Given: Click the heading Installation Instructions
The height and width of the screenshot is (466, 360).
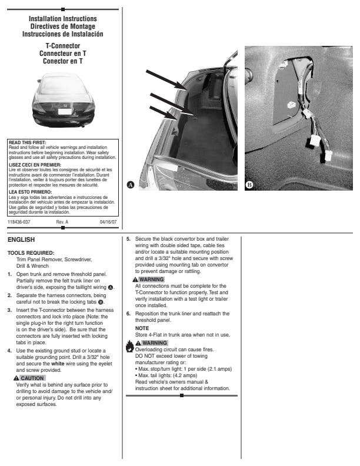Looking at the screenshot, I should [63, 19].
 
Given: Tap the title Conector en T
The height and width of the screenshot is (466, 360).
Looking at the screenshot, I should [63, 60].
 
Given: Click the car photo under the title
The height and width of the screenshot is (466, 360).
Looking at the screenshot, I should [63, 100].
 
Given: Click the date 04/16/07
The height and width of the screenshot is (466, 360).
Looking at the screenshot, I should [108, 222].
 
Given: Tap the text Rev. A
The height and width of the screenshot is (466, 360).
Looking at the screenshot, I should [62, 222].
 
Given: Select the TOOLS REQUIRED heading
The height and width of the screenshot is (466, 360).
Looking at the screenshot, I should [31, 252].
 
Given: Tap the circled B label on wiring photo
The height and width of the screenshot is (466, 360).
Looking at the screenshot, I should [249, 184].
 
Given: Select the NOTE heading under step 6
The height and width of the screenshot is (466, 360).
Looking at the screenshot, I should [142, 328].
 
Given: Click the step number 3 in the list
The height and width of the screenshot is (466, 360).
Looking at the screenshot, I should [9, 309].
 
